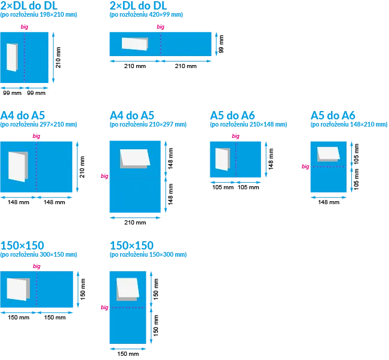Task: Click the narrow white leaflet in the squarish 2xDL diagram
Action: click(12, 57)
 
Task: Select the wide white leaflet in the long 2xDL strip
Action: click(134, 44)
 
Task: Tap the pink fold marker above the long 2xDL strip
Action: click(160, 27)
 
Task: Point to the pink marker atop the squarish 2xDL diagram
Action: click(24, 27)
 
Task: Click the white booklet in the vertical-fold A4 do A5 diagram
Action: click(17, 166)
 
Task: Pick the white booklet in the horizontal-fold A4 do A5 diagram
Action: click(134, 158)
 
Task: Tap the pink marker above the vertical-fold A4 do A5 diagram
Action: click(36, 137)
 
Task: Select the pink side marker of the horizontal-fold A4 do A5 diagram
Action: click(105, 176)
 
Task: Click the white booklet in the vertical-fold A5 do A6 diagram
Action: click(222, 159)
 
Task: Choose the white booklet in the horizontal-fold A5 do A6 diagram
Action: click(328, 153)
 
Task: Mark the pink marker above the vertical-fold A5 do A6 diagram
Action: click(235, 137)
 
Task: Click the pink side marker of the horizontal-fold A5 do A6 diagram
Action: click(305, 167)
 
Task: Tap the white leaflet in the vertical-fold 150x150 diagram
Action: click(18, 289)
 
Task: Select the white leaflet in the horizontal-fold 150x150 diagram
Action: click(126, 288)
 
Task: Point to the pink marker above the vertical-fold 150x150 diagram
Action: click(36, 267)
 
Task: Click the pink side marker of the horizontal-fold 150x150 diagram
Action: click(104, 307)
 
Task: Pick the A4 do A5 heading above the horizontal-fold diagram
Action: click(132, 115)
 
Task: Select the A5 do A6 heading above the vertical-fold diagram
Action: click(233, 115)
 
